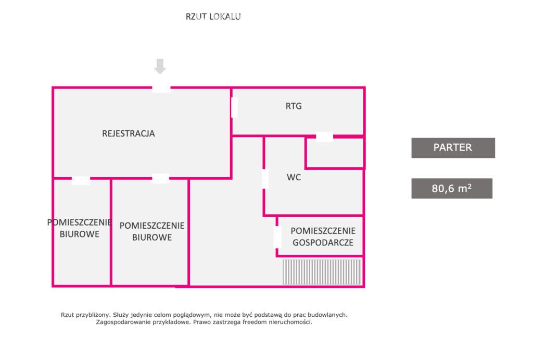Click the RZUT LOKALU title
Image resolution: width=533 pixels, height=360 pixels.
coord(213,16)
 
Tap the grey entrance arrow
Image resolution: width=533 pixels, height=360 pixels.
coord(160,66)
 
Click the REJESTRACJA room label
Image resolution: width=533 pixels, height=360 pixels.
coord(129,133)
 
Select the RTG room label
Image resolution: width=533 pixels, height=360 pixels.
coord(294,106)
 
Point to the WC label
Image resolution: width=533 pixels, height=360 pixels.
coord(294,177)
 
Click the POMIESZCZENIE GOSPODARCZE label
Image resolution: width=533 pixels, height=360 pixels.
coord(323,237)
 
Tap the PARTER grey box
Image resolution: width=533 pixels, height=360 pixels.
coord(453,147)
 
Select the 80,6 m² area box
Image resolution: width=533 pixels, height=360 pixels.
coord(452,188)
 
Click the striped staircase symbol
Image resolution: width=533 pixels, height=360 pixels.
coord(322,272)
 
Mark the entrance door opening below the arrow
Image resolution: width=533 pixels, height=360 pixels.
coord(161,89)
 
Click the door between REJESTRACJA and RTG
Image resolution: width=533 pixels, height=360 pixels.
coord(234,107)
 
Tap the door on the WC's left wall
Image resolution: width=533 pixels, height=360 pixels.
coord(265,179)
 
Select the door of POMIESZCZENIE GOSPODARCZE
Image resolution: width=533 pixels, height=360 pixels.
coord(278,237)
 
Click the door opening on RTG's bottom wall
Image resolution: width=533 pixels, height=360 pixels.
coord(325,136)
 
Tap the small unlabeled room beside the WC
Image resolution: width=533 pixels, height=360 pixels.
coord(335,153)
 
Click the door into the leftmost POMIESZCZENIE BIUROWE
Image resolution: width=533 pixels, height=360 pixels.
coord(81,180)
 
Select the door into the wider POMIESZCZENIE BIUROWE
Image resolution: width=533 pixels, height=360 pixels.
coord(160,179)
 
